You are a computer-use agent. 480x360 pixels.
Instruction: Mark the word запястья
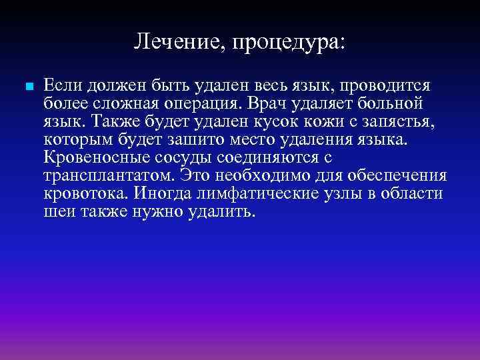[x=388, y=123]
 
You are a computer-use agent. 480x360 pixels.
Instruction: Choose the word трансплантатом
[x=107, y=177]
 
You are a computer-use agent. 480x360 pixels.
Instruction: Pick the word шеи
[x=55, y=213]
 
